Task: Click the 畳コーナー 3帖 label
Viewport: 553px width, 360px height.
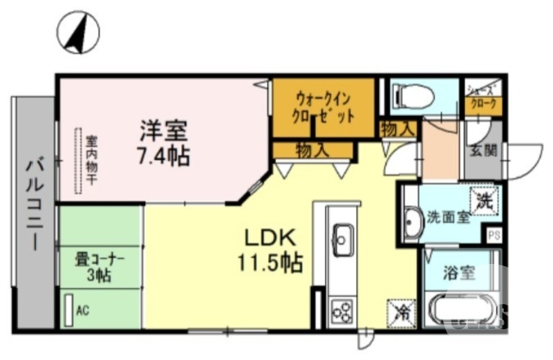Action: pyautogui.click(x=100, y=267)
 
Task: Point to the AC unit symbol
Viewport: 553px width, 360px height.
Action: pyautogui.click(x=69, y=310)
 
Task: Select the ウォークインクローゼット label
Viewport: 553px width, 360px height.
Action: pyautogui.click(x=324, y=106)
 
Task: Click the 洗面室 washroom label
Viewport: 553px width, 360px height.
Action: pyautogui.click(x=447, y=217)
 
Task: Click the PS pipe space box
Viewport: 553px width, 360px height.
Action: pyautogui.click(x=494, y=235)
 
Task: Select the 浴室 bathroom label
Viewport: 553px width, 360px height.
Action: pyautogui.click(x=459, y=272)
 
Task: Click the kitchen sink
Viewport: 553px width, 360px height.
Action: pyautogui.click(x=341, y=238)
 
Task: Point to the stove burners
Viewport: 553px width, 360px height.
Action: pyautogui.click(x=341, y=311)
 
